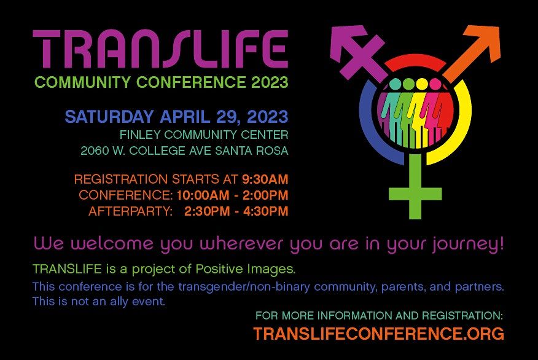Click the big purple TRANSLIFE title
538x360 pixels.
(160, 50)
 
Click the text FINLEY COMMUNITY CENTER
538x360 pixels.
(205, 135)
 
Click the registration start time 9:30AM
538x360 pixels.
(265, 179)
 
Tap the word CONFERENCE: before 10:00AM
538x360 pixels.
(126, 195)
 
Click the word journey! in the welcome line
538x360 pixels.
(469, 244)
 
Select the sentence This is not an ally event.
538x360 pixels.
(99, 302)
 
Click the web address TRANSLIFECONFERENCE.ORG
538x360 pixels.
(378, 334)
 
